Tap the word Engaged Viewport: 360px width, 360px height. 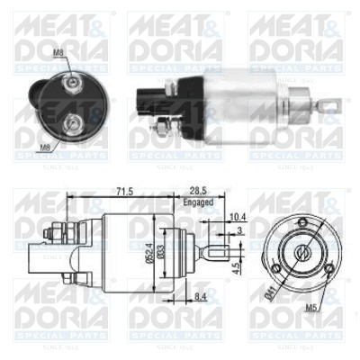point(199,203)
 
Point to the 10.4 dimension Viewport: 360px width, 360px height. point(236,217)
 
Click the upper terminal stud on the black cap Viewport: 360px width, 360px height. point(71,82)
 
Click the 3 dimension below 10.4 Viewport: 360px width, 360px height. point(239,230)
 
